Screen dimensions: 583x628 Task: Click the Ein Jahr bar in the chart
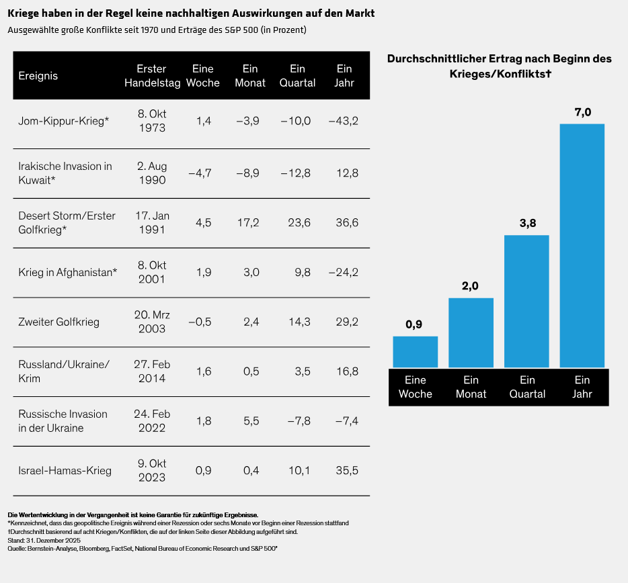point(582,245)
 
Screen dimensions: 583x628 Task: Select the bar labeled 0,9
point(415,351)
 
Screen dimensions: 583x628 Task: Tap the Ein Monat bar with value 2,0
point(471,332)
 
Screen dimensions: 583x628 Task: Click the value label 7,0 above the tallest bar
point(582,112)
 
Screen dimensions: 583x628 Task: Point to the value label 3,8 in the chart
point(526,223)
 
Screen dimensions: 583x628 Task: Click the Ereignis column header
point(38,76)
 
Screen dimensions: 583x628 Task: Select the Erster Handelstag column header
point(151,76)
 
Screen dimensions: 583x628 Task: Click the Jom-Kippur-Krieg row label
point(64,121)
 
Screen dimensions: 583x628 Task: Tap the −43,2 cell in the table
point(344,121)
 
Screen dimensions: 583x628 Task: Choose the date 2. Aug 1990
point(151,173)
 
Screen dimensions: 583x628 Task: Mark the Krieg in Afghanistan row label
point(68,272)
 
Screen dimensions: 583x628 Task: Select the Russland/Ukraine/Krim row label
point(64,371)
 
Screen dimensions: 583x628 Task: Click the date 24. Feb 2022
point(151,421)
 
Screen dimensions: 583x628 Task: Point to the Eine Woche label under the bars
point(415,387)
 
